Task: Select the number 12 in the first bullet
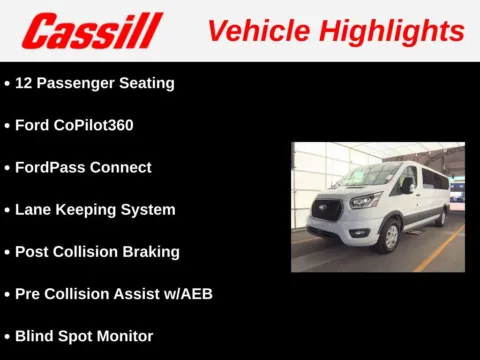tap(24, 83)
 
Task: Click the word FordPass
tap(50, 167)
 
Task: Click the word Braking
tap(150, 252)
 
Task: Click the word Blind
tap(35, 336)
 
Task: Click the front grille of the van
tap(328, 210)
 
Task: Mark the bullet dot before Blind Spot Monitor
tap(7, 337)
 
